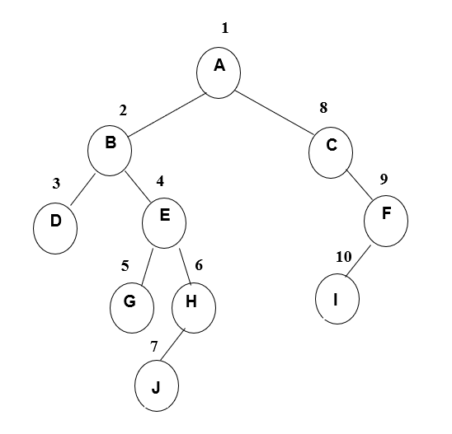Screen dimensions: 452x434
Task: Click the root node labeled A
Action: point(219,72)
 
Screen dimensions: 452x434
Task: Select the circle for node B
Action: point(110,151)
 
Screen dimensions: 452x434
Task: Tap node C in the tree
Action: point(331,152)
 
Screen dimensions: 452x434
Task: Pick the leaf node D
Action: point(55,228)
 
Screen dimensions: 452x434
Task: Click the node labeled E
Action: point(164,223)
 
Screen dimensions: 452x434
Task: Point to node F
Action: point(386,221)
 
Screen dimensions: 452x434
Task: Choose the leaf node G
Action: point(132,308)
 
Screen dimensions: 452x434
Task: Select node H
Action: point(194,308)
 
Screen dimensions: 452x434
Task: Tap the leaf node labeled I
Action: point(337,299)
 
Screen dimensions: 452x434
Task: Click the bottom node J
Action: point(157,385)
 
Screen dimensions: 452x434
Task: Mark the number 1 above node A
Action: point(225,28)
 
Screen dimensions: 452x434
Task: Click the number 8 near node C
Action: point(323,108)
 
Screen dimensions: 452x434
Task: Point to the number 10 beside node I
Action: point(344,257)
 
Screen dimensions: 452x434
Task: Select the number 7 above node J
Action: point(154,347)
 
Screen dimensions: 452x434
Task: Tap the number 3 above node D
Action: point(56,184)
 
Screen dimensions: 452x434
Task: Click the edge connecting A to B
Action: point(167,114)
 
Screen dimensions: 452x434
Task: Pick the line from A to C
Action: point(275,113)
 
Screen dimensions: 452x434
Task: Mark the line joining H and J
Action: point(172,344)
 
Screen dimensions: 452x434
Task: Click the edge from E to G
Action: point(148,267)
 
